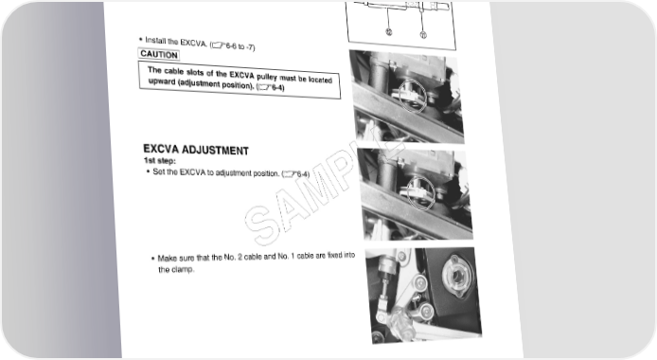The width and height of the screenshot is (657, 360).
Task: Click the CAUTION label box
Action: [x=159, y=54]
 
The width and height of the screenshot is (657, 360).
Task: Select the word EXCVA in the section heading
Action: [x=161, y=149]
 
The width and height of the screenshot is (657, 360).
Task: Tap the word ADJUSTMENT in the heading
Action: [x=215, y=151]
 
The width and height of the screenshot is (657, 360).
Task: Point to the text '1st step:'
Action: [x=160, y=161]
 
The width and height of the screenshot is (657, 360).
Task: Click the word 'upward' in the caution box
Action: [x=162, y=81]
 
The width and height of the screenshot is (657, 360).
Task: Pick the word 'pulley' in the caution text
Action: [x=266, y=78]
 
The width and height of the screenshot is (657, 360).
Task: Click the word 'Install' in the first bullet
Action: [x=155, y=41]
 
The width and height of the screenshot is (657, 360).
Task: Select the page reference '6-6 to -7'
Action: [x=240, y=46]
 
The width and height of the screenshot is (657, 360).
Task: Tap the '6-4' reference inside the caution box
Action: [x=277, y=87]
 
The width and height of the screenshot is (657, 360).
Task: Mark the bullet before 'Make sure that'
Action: [x=153, y=259]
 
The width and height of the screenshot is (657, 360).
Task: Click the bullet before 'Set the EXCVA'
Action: [x=148, y=171]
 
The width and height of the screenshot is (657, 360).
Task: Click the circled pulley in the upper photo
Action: [x=413, y=97]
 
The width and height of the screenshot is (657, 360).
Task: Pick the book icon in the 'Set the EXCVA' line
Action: [x=289, y=174]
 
